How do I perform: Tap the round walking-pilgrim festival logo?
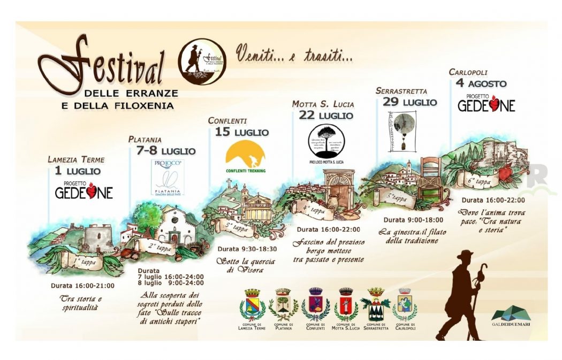202,62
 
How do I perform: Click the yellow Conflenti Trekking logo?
245,156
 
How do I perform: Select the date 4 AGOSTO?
481,83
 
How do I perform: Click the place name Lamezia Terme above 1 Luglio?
76,159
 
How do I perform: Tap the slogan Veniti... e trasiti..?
294,53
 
